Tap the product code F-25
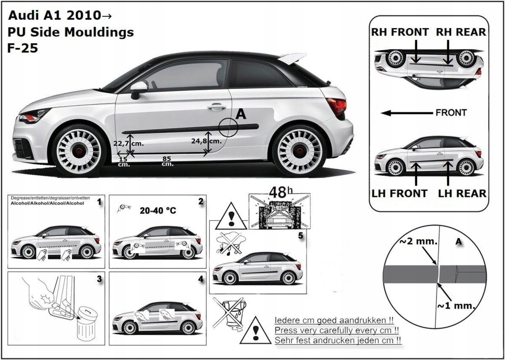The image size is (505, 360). click(23, 48)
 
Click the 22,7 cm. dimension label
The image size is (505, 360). click(129, 143)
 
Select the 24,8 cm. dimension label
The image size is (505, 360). click(206, 141)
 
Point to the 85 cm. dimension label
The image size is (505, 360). click(167, 161)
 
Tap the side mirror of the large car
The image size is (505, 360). click(138, 88)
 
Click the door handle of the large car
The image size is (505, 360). click(216, 107)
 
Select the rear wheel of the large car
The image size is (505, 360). click(299, 149)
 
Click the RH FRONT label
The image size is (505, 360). click(400, 32)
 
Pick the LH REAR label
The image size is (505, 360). click(462, 193)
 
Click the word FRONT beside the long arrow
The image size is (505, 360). click(451, 113)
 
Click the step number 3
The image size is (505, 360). click(99, 279)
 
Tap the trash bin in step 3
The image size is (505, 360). click(86, 324)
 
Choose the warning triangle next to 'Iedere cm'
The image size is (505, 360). click(255, 331)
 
